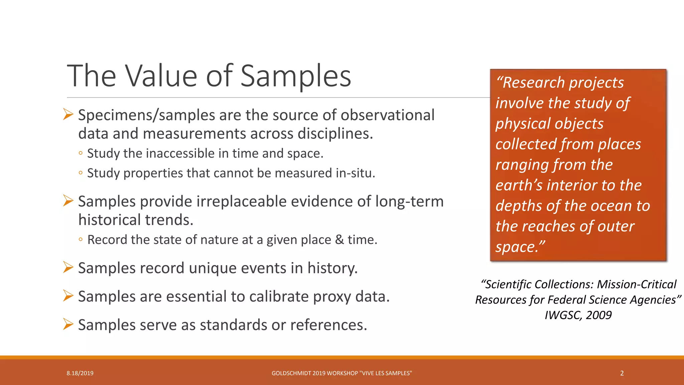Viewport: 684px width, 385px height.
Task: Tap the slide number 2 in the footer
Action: (x=622, y=373)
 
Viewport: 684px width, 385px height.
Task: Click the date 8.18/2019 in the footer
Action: (x=80, y=373)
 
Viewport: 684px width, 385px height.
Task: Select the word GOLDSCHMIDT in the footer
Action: (x=291, y=373)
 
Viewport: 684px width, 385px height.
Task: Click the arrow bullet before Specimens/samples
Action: (x=68, y=115)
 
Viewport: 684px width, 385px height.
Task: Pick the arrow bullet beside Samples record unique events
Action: (x=68, y=268)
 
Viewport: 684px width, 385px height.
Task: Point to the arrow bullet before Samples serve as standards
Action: (x=68, y=325)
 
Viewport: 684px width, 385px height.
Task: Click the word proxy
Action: (x=332, y=296)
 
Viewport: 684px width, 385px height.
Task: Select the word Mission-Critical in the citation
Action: (x=637, y=284)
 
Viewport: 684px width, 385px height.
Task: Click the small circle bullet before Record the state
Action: (x=80, y=240)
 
